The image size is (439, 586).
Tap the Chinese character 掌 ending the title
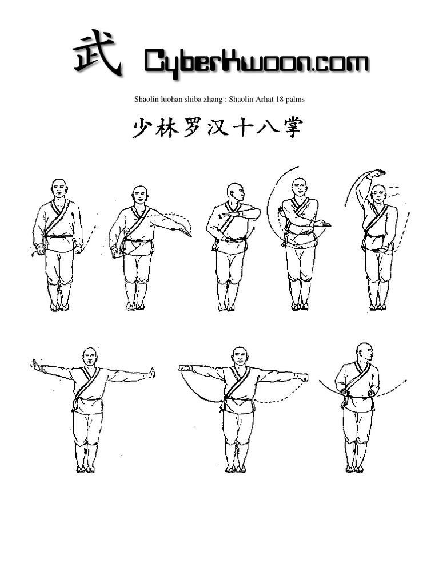point(290,128)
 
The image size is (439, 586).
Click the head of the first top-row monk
point(59,188)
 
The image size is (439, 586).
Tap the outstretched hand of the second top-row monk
point(185,232)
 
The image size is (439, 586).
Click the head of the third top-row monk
point(234,192)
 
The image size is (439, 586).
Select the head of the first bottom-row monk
point(90,357)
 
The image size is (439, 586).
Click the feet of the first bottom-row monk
point(85,469)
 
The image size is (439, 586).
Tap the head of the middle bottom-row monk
point(241,357)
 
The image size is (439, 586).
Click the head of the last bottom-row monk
point(364,352)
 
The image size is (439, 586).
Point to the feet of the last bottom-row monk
point(354,469)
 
